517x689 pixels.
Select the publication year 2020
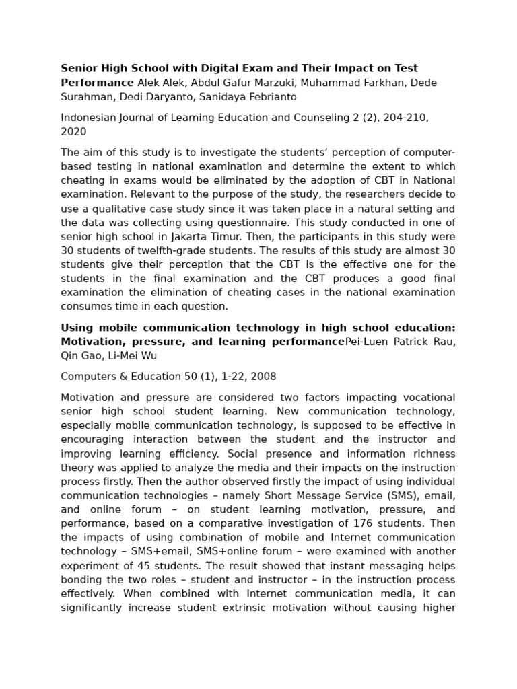point(73,132)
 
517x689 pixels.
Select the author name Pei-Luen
point(368,342)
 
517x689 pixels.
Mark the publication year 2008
point(262,377)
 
